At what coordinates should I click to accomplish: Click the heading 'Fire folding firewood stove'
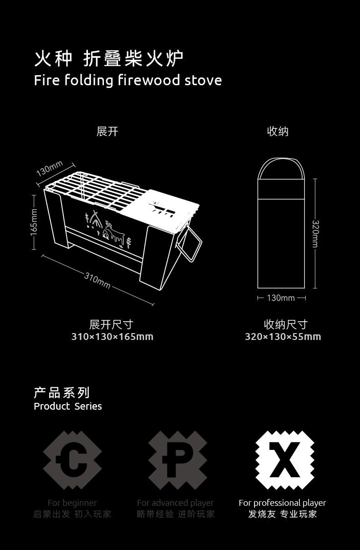[128, 81]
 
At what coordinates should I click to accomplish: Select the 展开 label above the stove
[108, 132]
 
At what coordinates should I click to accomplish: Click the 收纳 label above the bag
[278, 132]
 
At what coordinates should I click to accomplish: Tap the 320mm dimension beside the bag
[315, 234]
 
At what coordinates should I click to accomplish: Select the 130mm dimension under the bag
[281, 298]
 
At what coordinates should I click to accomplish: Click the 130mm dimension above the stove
[49, 169]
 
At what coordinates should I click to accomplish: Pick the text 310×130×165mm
[112, 337]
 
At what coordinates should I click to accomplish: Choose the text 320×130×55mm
[283, 337]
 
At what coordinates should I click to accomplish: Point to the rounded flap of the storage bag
[281, 170]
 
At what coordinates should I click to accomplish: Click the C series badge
[72, 460]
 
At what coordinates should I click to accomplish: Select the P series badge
[178, 460]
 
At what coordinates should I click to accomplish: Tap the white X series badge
[284, 460]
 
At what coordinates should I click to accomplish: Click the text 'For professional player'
[283, 503]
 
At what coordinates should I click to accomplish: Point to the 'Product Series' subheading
[68, 406]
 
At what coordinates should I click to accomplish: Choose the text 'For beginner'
[72, 503]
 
